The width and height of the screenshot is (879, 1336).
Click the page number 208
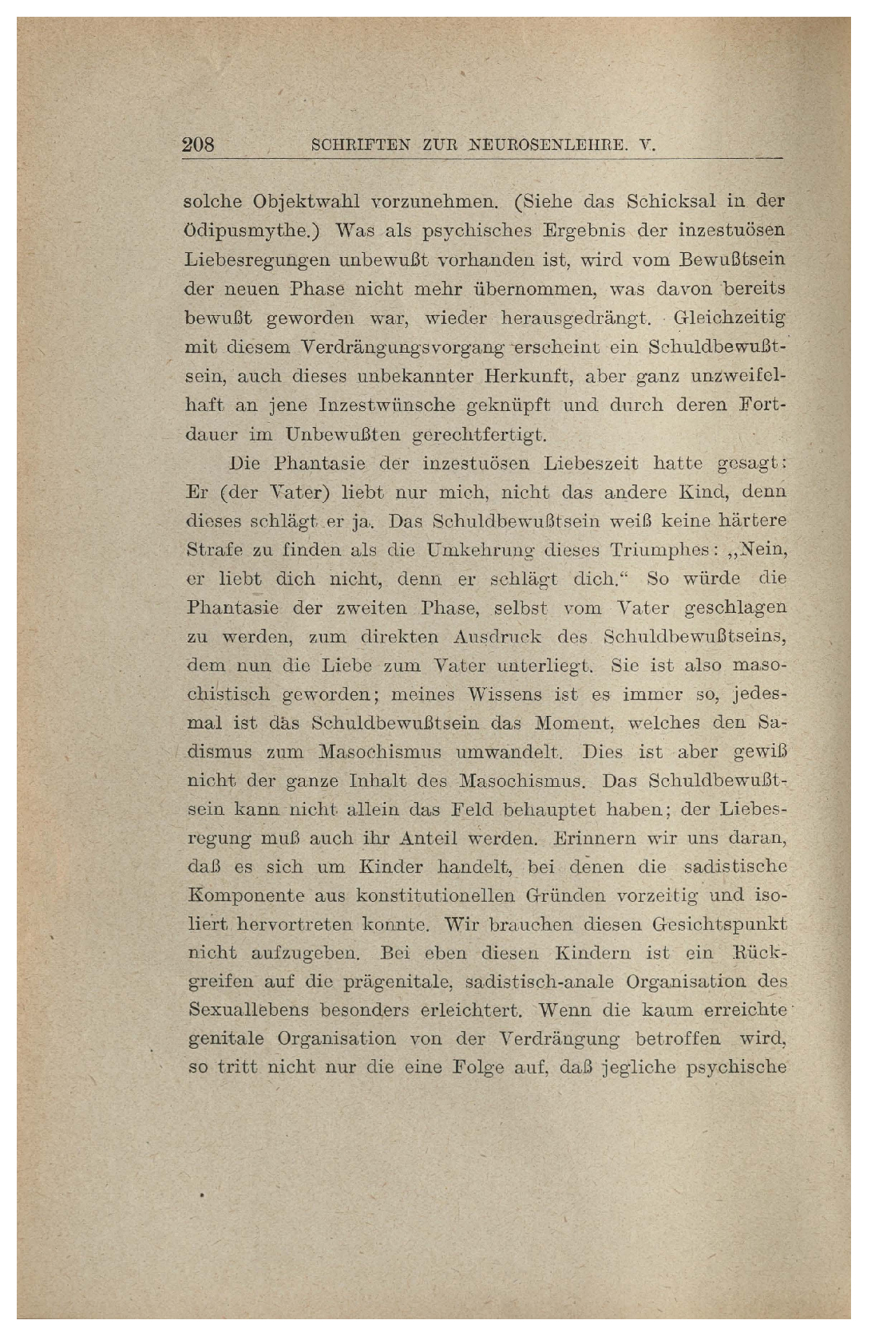199,145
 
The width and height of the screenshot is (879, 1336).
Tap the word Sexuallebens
247,1010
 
